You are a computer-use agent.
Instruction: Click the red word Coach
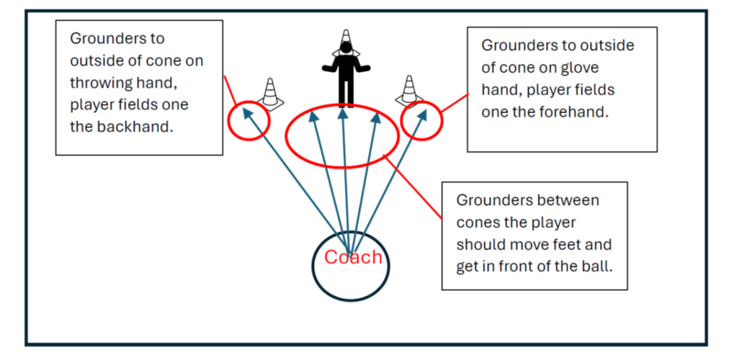(353, 257)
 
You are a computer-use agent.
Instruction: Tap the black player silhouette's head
(346, 49)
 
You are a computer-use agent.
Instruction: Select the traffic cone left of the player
(270, 93)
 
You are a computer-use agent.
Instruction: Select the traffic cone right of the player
(409, 90)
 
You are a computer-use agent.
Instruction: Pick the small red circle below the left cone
(248, 120)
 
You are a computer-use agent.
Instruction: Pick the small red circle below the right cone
(422, 120)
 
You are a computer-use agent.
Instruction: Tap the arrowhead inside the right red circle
(424, 112)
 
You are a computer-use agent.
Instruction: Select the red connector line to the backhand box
(230, 92)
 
